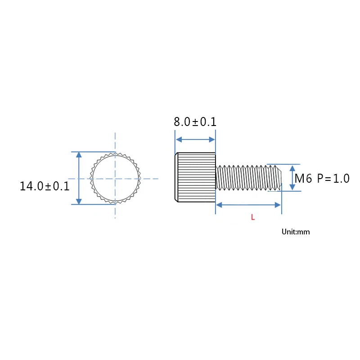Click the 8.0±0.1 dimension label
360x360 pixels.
pyautogui.click(x=195, y=122)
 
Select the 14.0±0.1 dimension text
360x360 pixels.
pyautogui.click(x=45, y=186)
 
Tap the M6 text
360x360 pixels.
pyautogui.click(x=303, y=179)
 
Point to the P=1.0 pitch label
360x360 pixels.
pyautogui.click(x=333, y=179)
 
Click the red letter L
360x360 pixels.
pyautogui.click(x=253, y=217)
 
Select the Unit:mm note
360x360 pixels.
pyautogui.click(x=296, y=232)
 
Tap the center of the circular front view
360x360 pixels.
pyautogui.click(x=115, y=179)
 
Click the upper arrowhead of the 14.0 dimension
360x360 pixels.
pyautogui.click(x=79, y=155)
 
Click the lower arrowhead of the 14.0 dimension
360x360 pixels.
pyautogui.click(x=79, y=201)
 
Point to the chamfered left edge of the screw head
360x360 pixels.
pyautogui.click(x=175, y=177)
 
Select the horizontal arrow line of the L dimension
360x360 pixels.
pyautogui.click(x=248, y=205)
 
